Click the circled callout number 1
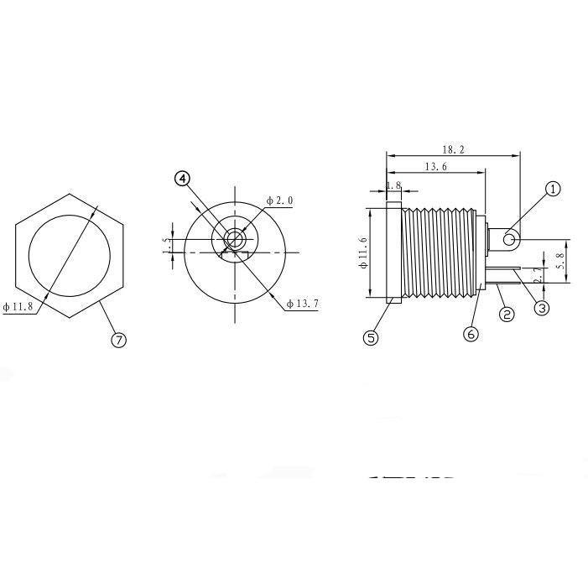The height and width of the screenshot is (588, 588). pyautogui.click(x=553, y=189)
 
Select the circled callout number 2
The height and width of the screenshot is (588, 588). pyautogui.click(x=506, y=315)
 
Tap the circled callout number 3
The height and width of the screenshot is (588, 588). pyautogui.click(x=542, y=308)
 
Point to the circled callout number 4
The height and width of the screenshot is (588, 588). pyautogui.click(x=183, y=178)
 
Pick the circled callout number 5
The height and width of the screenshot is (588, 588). pyautogui.click(x=372, y=337)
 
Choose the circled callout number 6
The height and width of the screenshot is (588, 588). pyautogui.click(x=471, y=333)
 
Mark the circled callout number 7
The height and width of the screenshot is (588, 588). pyautogui.click(x=118, y=340)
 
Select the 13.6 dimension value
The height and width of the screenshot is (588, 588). pyautogui.click(x=435, y=167)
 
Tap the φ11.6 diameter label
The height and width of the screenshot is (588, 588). pyautogui.click(x=362, y=252)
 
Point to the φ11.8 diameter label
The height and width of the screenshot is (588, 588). pyautogui.click(x=18, y=307)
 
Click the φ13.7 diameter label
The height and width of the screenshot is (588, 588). pyautogui.click(x=303, y=303)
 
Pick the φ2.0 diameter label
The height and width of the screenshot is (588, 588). pyautogui.click(x=279, y=200)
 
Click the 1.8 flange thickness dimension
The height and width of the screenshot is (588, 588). pyautogui.click(x=393, y=185)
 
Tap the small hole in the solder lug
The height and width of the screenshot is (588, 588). pyautogui.click(x=509, y=242)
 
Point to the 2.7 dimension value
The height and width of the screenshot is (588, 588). pyautogui.click(x=539, y=273)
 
